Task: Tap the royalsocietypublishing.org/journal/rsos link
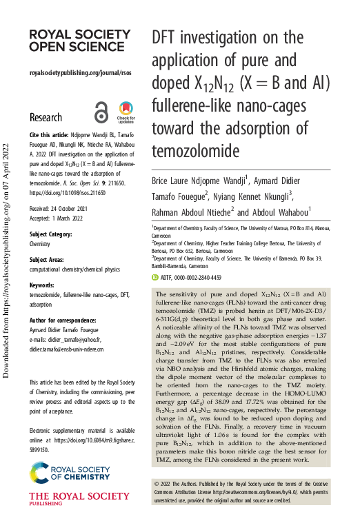80,73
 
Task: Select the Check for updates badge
126,112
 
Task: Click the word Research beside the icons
46,117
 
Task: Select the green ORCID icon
154,277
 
